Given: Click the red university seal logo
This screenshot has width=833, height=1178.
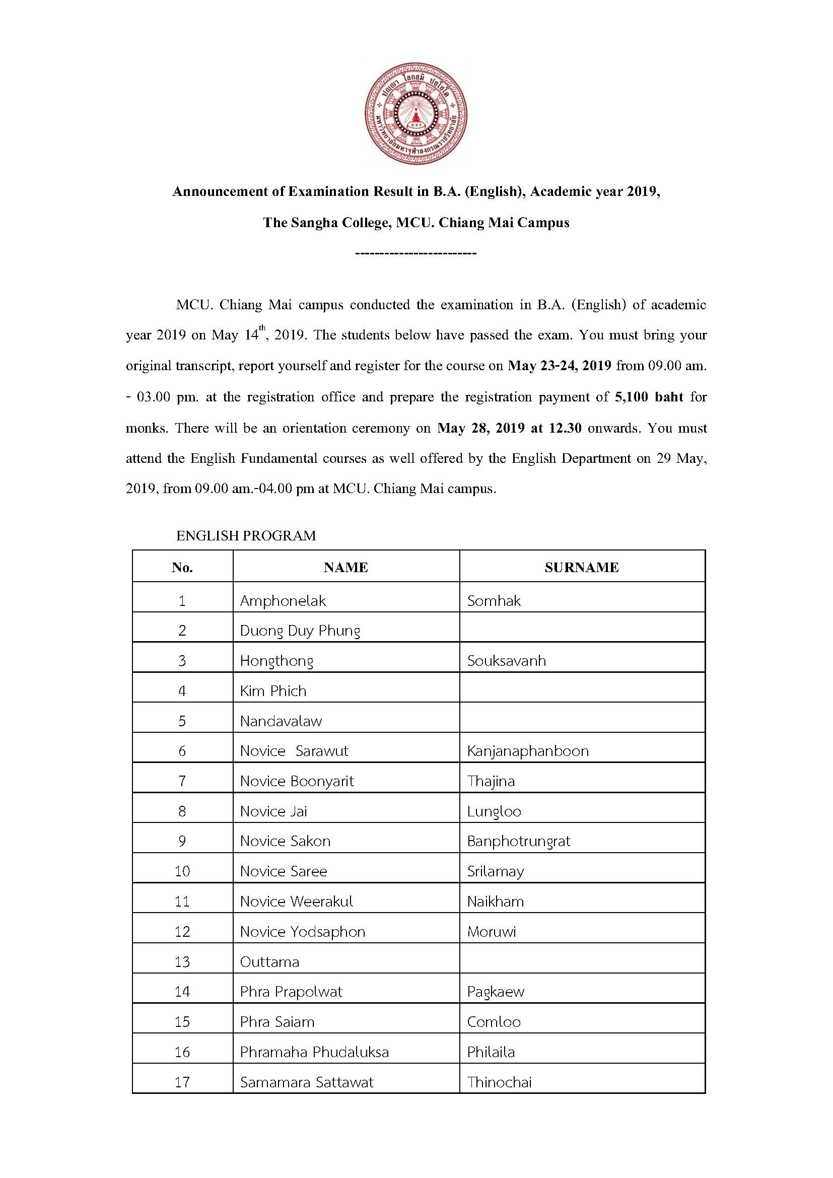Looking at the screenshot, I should pyautogui.click(x=416, y=113).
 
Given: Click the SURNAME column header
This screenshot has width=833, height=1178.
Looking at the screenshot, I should pyautogui.click(x=582, y=567).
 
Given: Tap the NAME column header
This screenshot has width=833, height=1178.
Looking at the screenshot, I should pyautogui.click(x=345, y=567).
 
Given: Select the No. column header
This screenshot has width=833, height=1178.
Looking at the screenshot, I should pyautogui.click(x=182, y=567).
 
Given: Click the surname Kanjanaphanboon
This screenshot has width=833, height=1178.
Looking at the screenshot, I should pyautogui.click(x=527, y=751).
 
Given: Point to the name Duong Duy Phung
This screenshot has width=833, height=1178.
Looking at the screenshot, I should pyautogui.click(x=300, y=631).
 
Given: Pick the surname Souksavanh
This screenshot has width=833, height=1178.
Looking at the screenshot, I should pyautogui.click(x=506, y=661).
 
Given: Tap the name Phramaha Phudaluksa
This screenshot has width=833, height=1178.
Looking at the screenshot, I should pyautogui.click(x=314, y=1052).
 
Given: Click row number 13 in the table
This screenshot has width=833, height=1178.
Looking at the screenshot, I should pyautogui.click(x=182, y=961).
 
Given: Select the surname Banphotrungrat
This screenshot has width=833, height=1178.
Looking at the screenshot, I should pyautogui.click(x=519, y=841).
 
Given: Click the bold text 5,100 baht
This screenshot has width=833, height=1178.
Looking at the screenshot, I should pyautogui.click(x=649, y=396).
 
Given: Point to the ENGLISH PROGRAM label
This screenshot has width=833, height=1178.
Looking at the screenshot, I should pyautogui.click(x=246, y=536).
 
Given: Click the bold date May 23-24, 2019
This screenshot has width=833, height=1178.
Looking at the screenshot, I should pyautogui.click(x=559, y=366).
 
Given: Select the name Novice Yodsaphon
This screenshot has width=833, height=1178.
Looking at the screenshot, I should pyautogui.click(x=303, y=932).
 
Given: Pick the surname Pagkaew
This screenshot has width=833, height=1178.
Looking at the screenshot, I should pyautogui.click(x=496, y=992).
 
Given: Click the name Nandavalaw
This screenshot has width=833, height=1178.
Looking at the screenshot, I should pyautogui.click(x=281, y=721).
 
